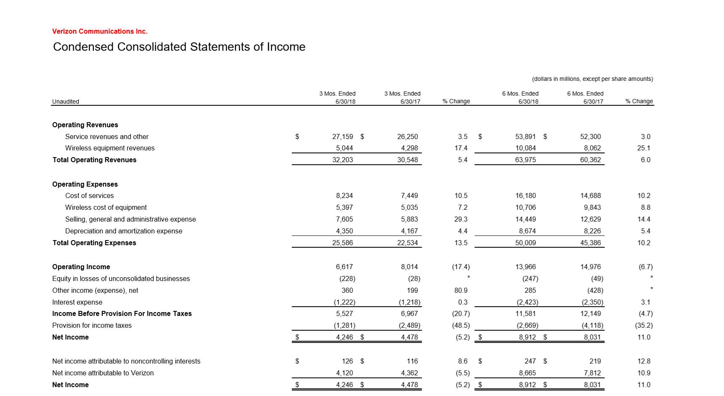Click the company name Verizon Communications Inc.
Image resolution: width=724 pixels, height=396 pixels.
coord(100,31)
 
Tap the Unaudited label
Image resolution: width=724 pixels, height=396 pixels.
coord(65,102)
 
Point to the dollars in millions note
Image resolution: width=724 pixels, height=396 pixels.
coord(592,79)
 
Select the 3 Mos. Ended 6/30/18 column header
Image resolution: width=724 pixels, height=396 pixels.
coord(337,97)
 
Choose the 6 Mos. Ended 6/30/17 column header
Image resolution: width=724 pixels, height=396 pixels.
coord(585,97)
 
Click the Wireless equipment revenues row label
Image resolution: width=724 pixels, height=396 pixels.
coord(110,148)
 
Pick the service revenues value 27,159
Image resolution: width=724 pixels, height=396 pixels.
coord(342,136)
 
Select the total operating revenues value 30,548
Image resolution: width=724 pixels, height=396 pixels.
coord(407,160)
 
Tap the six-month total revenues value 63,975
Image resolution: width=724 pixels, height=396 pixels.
coord(525,160)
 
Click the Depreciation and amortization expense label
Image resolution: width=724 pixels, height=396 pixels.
coord(123,231)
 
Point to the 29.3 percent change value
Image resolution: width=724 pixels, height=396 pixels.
coord(461,219)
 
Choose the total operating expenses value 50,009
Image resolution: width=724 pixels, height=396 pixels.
coord(525,243)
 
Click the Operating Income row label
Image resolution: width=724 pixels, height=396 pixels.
coord(81,267)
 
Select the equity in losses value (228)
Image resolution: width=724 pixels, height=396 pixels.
coord(347,278)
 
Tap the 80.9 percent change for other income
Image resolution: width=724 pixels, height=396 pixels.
coord(461,290)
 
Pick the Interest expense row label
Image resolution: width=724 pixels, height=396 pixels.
coord(77,302)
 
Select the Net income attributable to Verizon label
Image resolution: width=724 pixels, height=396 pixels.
coord(103,373)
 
